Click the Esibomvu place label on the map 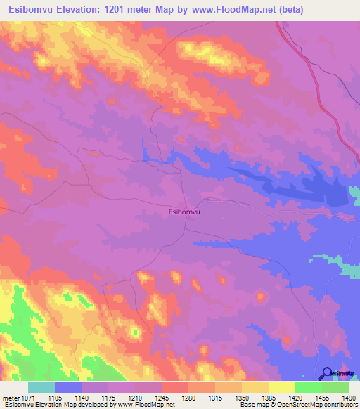(x=185, y=210)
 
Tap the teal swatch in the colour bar (x=41, y=387)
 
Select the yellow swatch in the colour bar (x=281, y=387)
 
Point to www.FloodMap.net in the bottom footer (x=146, y=405)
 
